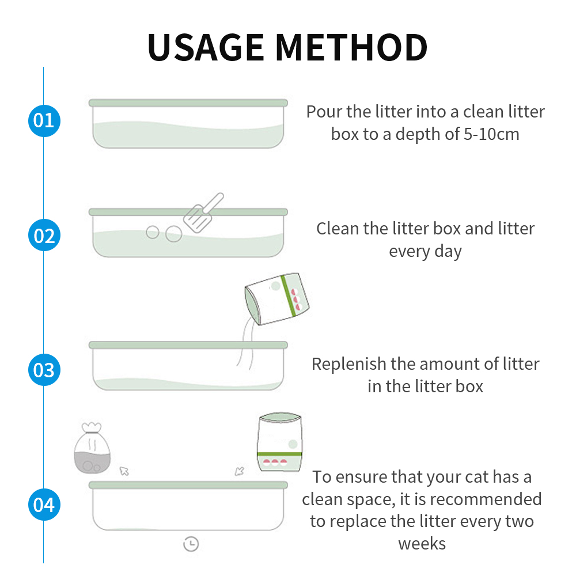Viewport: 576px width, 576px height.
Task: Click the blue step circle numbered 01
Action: tap(44, 120)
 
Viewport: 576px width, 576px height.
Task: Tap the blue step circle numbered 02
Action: tap(44, 235)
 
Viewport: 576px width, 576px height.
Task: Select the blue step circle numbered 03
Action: tap(44, 370)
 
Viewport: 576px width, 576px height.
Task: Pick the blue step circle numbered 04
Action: tap(44, 505)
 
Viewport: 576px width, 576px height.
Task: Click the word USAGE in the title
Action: tap(206, 47)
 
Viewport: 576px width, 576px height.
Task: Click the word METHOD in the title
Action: tap(351, 47)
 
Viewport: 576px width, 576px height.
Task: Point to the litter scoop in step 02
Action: tap(203, 213)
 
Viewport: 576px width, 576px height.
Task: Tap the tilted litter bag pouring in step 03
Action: tap(276, 299)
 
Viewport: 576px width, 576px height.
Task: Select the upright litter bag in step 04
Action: tap(280, 442)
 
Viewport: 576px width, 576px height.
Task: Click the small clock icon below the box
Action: tap(191, 544)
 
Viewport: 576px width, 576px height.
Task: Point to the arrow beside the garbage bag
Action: tap(124, 471)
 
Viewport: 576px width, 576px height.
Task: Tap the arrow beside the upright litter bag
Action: tap(240, 471)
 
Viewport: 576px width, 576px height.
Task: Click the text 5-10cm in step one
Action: tap(491, 134)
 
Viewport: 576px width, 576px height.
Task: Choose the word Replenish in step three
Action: tap(349, 365)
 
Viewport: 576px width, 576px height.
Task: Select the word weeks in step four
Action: tap(422, 543)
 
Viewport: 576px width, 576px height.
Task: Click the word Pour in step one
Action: tap(324, 112)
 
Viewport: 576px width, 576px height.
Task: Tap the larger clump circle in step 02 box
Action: tap(174, 234)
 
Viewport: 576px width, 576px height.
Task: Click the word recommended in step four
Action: tap(486, 499)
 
